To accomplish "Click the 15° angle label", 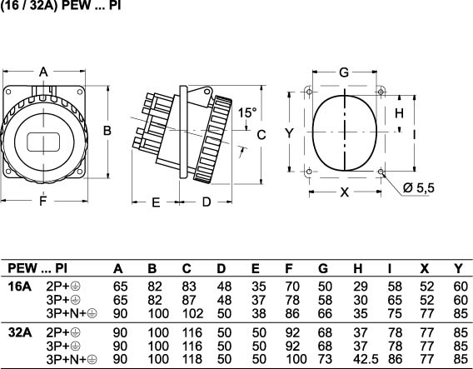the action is [x=247, y=112].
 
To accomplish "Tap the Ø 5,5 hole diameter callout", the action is [x=418, y=187].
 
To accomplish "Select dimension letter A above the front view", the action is [x=44, y=72].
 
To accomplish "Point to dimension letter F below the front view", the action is [x=43, y=201].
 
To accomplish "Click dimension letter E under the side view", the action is [x=156, y=202].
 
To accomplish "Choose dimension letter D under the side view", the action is [x=207, y=202].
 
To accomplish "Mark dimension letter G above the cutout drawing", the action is [x=344, y=72].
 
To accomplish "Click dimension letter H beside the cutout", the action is [x=399, y=113].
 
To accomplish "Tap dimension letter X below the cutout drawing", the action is [x=345, y=192].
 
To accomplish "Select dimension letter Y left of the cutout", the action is [x=289, y=132].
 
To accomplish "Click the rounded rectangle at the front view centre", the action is [x=43, y=142].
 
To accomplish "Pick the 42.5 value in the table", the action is [x=366, y=359].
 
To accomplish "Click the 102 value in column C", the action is [x=192, y=313].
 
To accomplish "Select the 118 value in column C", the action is [x=192, y=359].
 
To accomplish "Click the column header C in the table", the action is [x=187, y=268].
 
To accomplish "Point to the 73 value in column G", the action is [x=325, y=359].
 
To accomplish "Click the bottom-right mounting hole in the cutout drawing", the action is [x=381, y=172].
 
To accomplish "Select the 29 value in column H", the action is [x=361, y=287].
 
